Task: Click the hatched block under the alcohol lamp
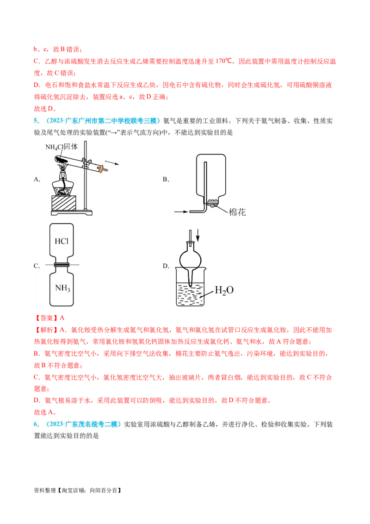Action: pos(63,202)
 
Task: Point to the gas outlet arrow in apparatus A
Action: pos(112,163)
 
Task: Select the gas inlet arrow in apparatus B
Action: pos(181,212)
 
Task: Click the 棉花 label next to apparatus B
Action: pos(237,212)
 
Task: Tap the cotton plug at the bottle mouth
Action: pos(212,202)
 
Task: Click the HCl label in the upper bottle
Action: pos(62,241)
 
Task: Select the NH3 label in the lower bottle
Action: pos(62,288)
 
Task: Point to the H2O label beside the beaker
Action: pos(224,290)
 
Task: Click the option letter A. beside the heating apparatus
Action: pos(37,180)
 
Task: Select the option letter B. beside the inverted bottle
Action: pos(166,180)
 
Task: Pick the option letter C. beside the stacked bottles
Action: pos(37,266)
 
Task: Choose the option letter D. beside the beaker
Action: pos(166,266)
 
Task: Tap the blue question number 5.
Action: pos(37,121)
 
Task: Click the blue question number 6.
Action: pos(37,424)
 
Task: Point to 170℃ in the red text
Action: pos(223,61)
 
